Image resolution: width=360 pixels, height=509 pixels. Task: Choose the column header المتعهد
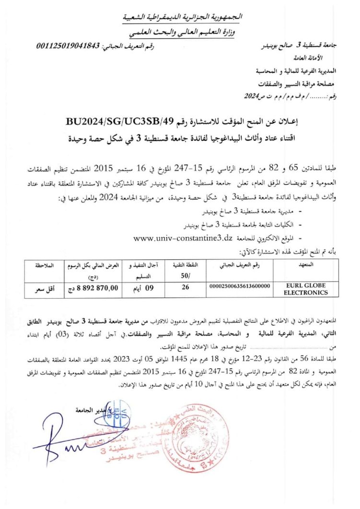coord(306,265)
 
